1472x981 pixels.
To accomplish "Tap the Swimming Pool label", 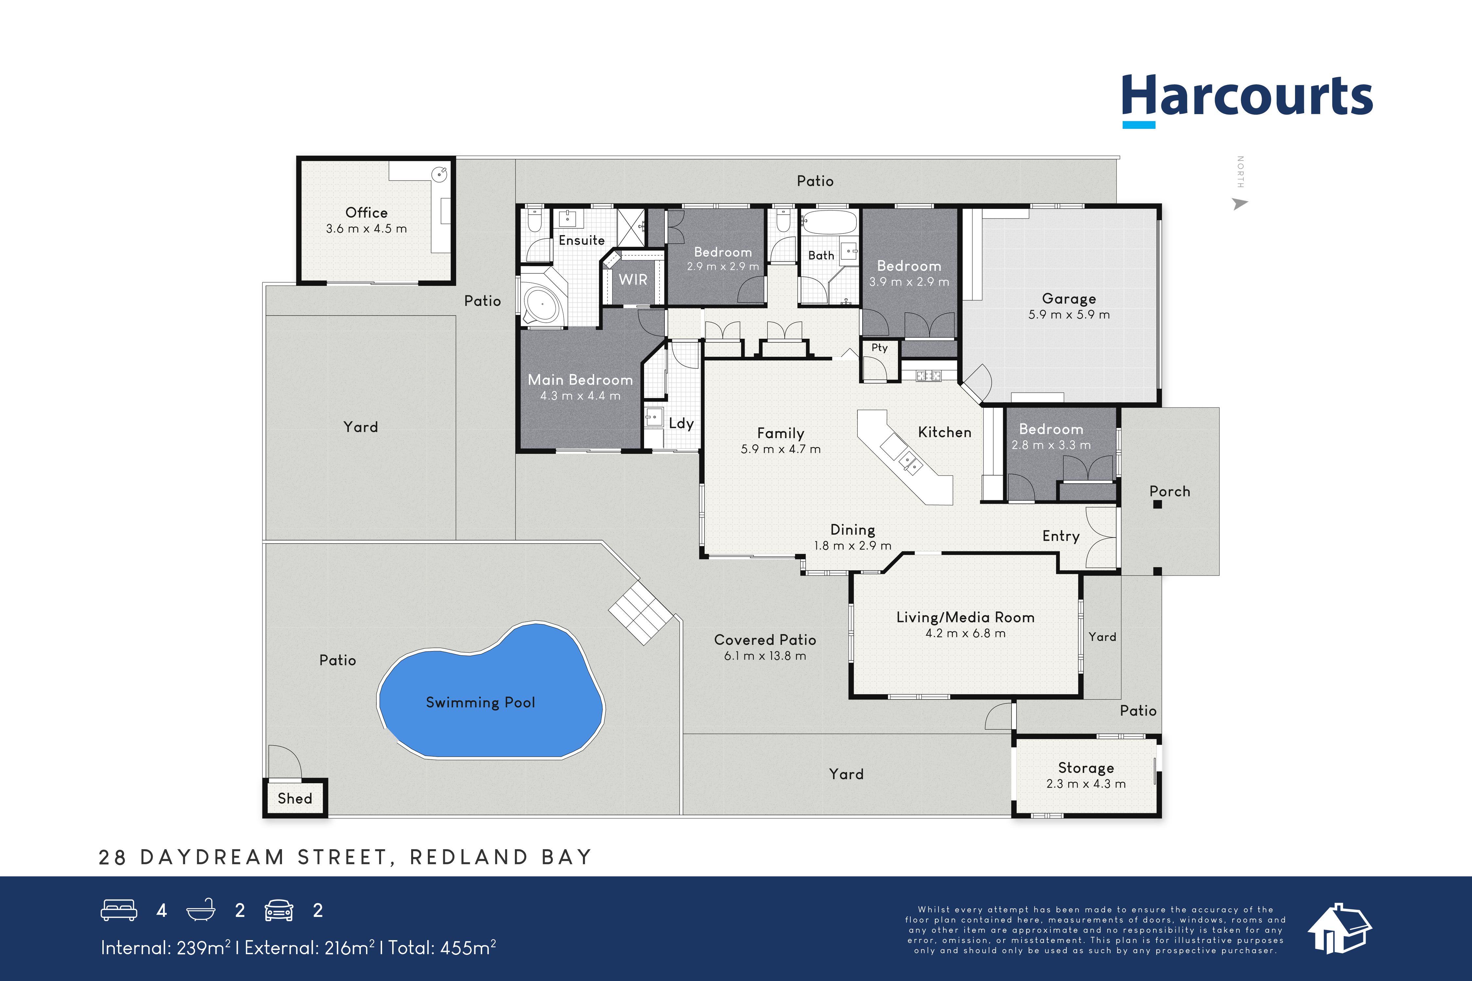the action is pyautogui.click(x=480, y=703).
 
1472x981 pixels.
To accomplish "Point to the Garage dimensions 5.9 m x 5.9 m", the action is pyautogui.click(x=1069, y=315).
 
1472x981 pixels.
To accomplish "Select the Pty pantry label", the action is pyautogui.click(x=879, y=348).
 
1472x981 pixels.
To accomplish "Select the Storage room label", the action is pyautogui.click(x=1086, y=768).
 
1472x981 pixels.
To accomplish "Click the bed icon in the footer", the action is pyautogui.click(x=119, y=910).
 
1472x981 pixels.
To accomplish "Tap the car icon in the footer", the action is pyautogui.click(x=278, y=910).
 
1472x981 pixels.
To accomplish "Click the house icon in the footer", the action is pyautogui.click(x=1339, y=929).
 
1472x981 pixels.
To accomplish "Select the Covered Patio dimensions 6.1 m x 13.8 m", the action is pyautogui.click(x=765, y=656).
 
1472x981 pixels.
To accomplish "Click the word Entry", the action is pyautogui.click(x=1061, y=536).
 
